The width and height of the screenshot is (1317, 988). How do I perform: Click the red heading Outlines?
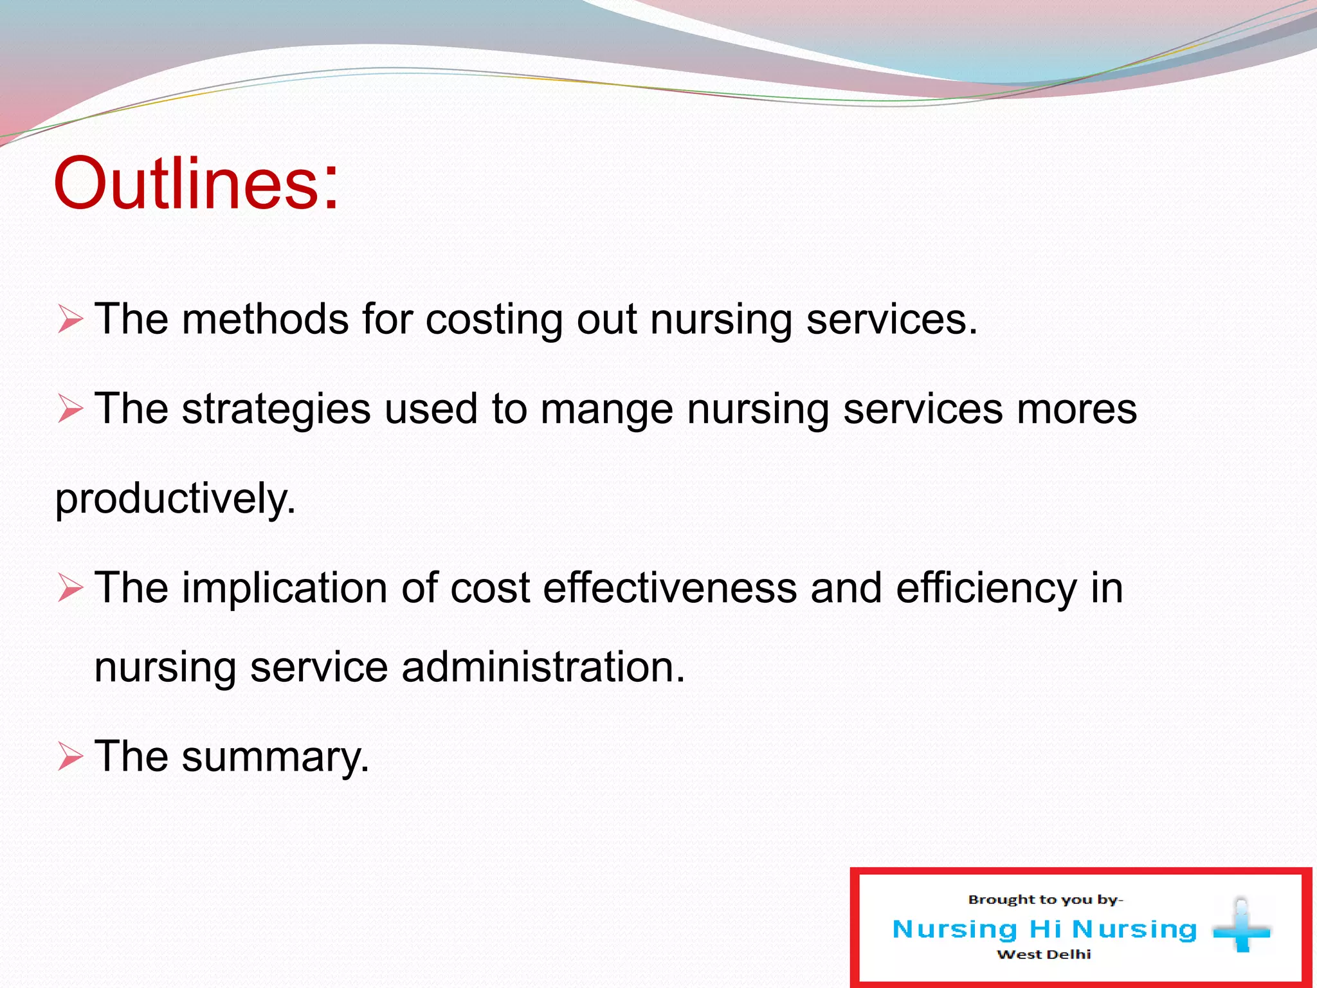[x=196, y=183]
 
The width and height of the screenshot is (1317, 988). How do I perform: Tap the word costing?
[x=494, y=320]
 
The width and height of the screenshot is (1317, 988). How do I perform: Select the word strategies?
[x=277, y=410]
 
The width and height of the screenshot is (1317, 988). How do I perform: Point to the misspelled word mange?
[x=606, y=410]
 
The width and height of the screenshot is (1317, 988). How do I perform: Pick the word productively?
[x=176, y=499]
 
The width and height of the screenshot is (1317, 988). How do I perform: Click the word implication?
[x=284, y=589]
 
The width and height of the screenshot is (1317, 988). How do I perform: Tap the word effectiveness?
[x=670, y=588]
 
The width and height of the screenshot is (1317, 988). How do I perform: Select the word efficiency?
[x=986, y=589]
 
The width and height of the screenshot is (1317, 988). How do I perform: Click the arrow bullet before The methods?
[x=70, y=319]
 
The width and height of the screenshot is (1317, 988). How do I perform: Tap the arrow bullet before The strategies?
[x=70, y=409]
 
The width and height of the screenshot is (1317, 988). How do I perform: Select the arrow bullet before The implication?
[x=70, y=588]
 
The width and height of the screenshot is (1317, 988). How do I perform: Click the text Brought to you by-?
[x=1046, y=899]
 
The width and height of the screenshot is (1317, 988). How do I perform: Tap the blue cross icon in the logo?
[x=1242, y=929]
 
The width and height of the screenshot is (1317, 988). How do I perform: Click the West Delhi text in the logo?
[x=1044, y=955]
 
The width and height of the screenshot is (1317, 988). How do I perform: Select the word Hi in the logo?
[x=1045, y=929]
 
